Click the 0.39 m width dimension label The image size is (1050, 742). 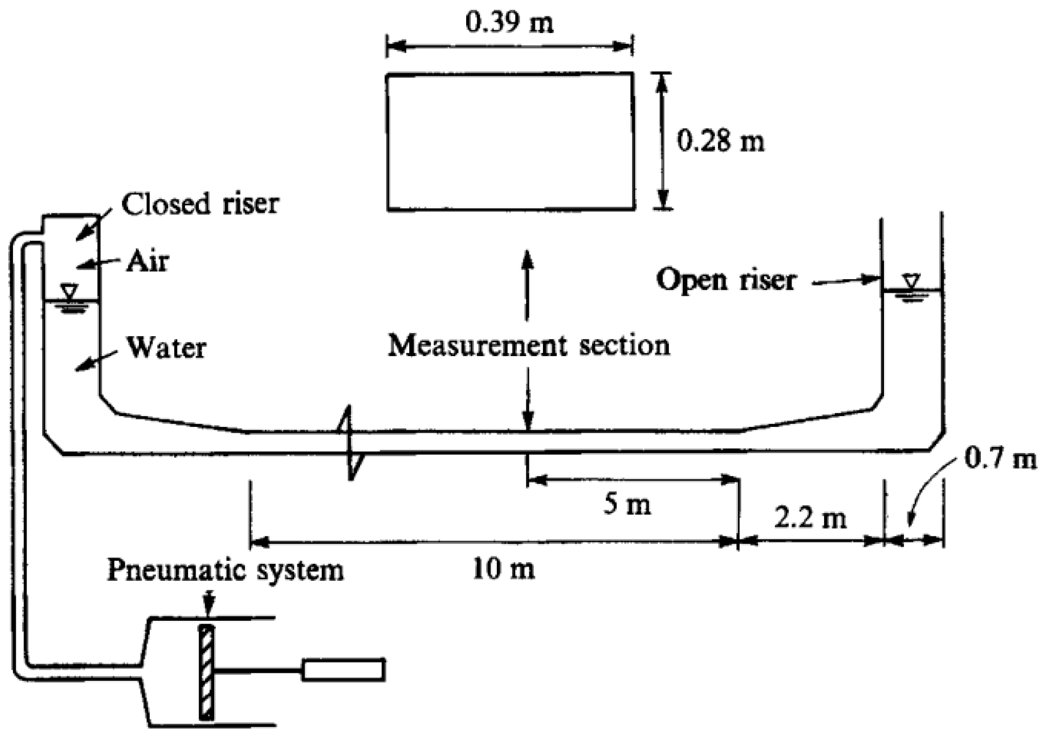coord(509,23)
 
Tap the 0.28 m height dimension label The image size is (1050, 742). coord(721,142)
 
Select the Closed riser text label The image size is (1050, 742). coord(200,205)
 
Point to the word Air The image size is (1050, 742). coord(147,262)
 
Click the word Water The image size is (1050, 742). coord(166,347)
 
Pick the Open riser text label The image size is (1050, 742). coord(726,280)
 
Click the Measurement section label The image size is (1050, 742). coord(529,345)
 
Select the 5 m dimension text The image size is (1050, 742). coord(627,505)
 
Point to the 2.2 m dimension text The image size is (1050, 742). coord(810,518)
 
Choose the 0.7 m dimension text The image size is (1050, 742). coord(1000,459)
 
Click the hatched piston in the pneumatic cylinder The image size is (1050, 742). coord(206,672)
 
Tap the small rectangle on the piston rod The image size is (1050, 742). coord(343,669)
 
